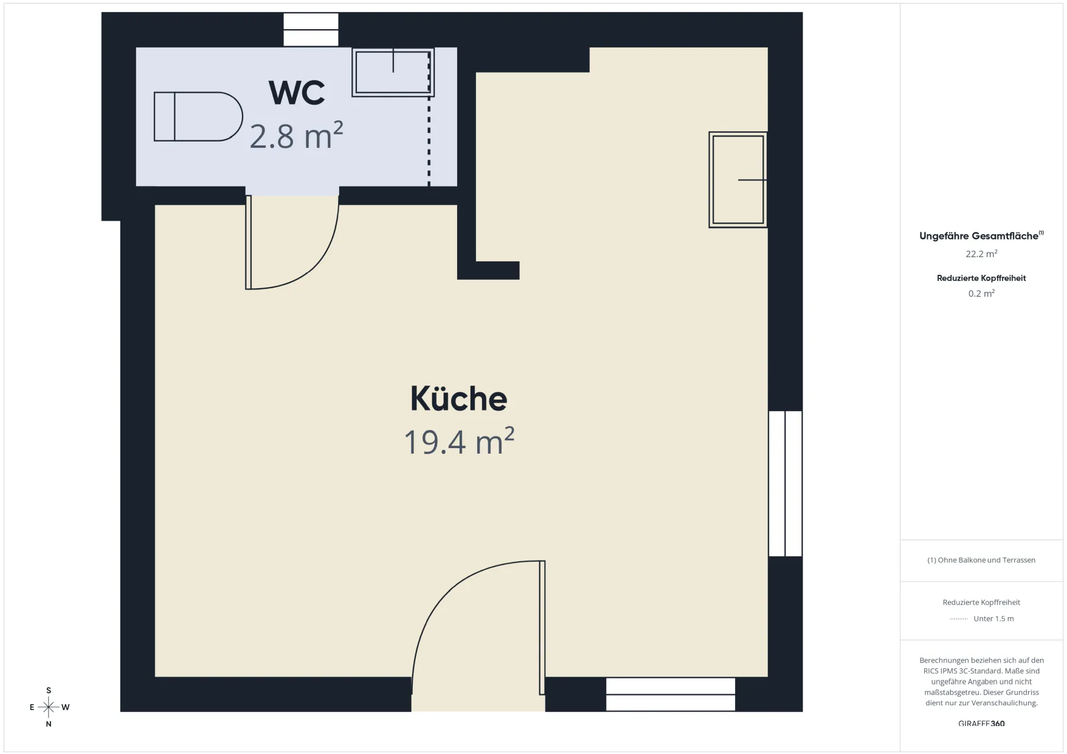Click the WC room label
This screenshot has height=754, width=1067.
point(297,92)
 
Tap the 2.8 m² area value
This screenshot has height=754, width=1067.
point(296,136)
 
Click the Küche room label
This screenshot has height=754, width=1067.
point(458,398)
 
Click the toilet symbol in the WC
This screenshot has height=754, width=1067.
point(198,117)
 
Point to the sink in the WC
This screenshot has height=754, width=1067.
point(393,72)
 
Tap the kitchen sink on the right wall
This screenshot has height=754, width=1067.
point(737,180)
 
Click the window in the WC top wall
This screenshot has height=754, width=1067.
point(311,30)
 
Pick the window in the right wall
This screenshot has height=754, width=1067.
point(785,483)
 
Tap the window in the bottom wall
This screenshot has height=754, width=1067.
point(671,694)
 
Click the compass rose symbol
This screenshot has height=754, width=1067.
point(49,707)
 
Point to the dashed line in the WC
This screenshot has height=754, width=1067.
point(429,119)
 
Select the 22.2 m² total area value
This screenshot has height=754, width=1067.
point(981,254)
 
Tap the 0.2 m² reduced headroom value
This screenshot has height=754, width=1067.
point(981,293)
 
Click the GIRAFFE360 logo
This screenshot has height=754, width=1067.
point(981,724)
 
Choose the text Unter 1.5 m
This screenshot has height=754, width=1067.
point(993,618)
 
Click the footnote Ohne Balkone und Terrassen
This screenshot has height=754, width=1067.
point(981,560)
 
